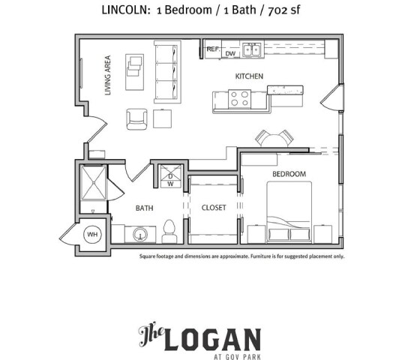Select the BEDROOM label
tap(289, 174)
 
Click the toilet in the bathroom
tap(169, 229)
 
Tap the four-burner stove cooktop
tap(239, 98)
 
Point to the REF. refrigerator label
tap(214, 49)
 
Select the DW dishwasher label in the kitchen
tap(230, 54)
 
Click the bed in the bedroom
tap(289, 210)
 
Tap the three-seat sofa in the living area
tap(168, 72)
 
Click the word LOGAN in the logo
tap(214, 340)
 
